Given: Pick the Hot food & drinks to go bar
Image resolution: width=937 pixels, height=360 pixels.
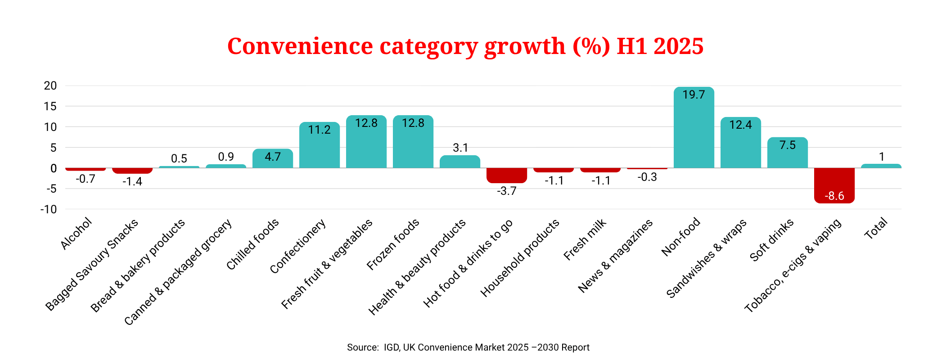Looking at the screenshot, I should tap(506, 175).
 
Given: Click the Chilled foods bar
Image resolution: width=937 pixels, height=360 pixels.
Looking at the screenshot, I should tap(272, 160).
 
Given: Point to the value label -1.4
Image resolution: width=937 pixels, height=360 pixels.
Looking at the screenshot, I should tap(132, 181).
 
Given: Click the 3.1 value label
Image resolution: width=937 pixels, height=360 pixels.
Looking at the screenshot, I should tap(460, 148).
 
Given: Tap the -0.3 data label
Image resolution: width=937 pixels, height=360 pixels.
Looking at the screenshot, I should tap(647, 177).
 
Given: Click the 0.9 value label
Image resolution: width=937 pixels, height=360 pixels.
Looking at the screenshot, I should tap(226, 157).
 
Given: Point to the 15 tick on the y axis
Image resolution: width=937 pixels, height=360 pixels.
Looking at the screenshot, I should tap(50, 107).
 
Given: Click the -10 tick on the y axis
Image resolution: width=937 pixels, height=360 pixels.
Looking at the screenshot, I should tap(49, 210).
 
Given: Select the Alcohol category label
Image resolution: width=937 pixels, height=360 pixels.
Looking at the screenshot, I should tap(77, 234).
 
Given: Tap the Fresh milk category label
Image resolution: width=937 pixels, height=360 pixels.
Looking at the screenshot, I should tap(585, 239).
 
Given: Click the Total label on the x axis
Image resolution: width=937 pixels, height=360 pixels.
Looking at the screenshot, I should tap(876, 228).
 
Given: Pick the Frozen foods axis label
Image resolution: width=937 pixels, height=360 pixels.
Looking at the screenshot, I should tap(393, 244).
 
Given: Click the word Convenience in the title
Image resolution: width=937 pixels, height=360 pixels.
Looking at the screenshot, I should tap(300, 46).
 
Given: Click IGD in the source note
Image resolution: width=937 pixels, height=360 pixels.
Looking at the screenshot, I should tap(391, 347).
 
